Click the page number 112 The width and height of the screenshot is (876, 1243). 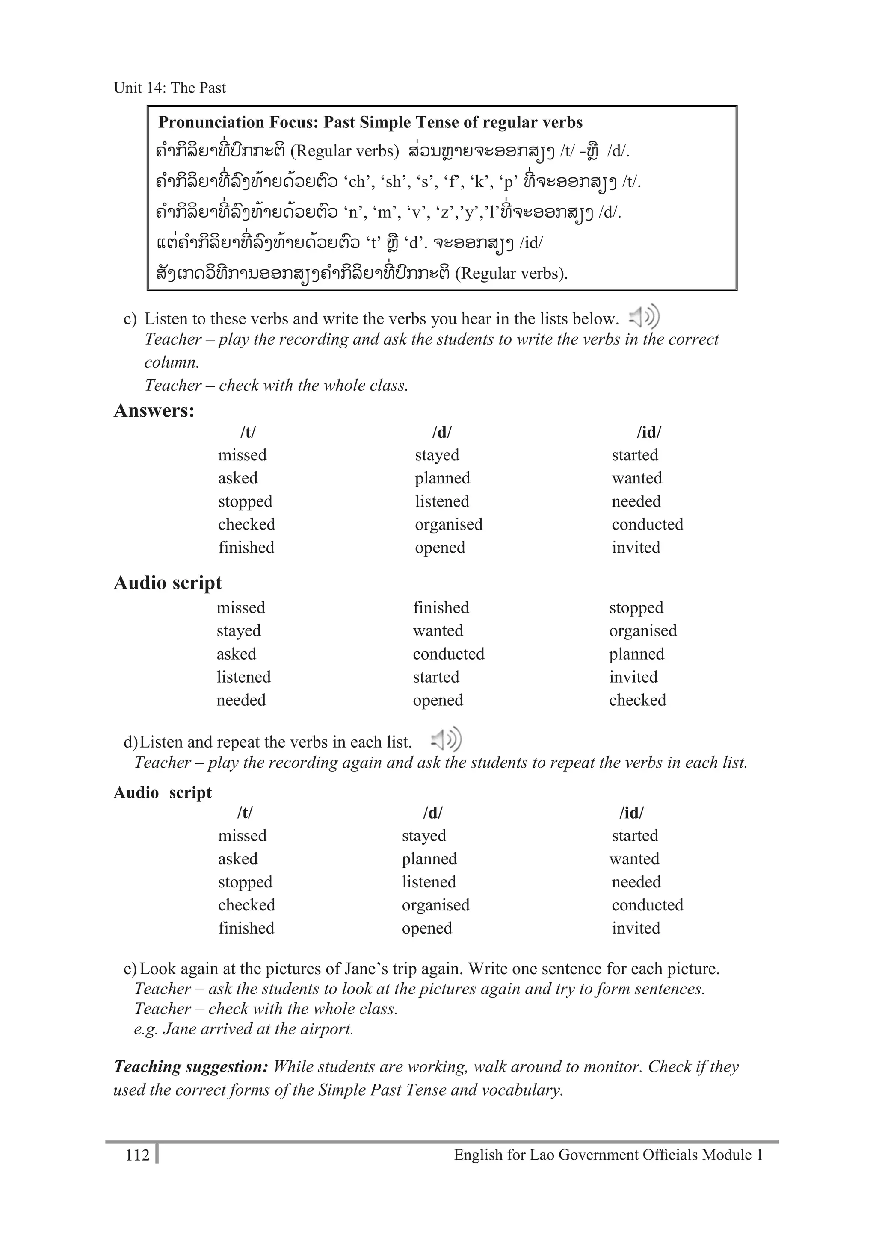137,1155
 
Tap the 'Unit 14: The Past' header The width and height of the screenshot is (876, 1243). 169,88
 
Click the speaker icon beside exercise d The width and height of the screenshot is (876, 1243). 446,739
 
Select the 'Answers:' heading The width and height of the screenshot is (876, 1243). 154,410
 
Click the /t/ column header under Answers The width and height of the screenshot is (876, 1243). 248,432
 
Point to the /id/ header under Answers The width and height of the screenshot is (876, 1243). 648,432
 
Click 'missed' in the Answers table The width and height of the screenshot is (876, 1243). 242,455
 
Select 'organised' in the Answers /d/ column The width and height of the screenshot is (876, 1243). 449,524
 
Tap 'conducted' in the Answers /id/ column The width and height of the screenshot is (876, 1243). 648,524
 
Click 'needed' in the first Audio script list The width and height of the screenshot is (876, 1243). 241,700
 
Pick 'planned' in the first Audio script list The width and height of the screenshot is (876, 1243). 636,654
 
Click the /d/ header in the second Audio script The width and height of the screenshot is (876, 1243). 432,813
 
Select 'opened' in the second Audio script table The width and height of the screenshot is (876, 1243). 427,928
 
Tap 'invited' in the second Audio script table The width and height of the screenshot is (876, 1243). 636,928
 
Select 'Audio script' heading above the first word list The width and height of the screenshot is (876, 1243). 168,583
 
